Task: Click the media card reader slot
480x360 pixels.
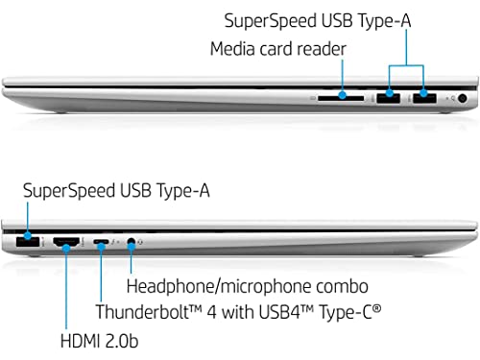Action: click(x=341, y=98)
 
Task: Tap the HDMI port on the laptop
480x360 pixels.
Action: click(x=66, y=242)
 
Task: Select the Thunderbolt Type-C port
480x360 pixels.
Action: click(x=101, y=242)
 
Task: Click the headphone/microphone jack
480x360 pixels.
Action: click(x=131, y=242)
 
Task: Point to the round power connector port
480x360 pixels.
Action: click(x=462, y=98)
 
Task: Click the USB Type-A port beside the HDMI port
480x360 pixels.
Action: click(x=28, y=241)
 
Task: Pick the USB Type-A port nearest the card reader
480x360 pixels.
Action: click(x=389, y=98)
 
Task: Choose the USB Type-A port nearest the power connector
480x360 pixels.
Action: click(x=424, y=98)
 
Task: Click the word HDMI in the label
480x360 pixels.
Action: click(x=80, y=341)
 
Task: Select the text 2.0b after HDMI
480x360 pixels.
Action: click(x=122, y=341)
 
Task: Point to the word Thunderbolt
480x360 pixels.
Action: click(x=142, y=312)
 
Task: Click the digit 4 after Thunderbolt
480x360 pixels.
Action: click(x=212, y=312)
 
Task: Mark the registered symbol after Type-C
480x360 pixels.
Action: click(x=377, y=309)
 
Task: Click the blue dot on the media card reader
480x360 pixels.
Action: click(x=343, y=95)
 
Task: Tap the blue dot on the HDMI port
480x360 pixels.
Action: click(x=66, y=248)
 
